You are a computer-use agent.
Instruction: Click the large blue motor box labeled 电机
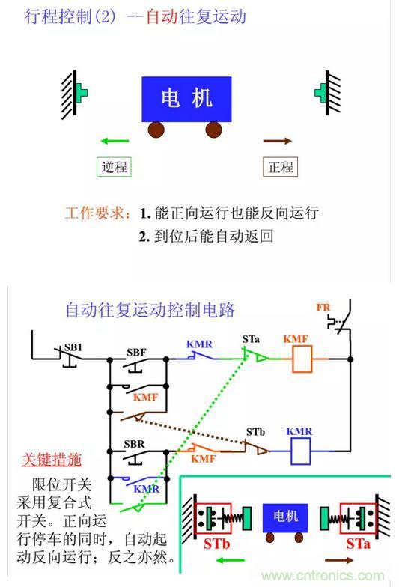click(x=186, y=99)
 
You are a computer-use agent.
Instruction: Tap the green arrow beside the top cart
click(x=115, y=141)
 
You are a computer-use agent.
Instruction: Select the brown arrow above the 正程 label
click(x=277, y=141)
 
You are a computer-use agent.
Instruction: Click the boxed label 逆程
click(x=114, y=166)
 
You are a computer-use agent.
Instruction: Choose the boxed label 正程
click(x=280, y=166)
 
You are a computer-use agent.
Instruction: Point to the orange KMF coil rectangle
click(x=302, y=359)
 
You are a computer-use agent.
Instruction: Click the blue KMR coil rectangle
click(x=301, y=451)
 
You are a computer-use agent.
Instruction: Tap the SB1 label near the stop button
click(x=73, y=347)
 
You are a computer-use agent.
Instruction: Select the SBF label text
click(x=136, y=352)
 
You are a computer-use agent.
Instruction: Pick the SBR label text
click(x=134, y=444)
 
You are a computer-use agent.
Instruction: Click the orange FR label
click(x=323, y=308)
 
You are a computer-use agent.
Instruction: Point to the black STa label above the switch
click(x=251, y=339)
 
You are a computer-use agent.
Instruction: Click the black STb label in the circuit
click(x=255, y=432)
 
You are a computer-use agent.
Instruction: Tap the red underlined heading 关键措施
click(x=52, y=460)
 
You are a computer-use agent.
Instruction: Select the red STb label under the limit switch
click(x=217, y=544)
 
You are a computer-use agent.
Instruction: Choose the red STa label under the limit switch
click(x=358, y=544)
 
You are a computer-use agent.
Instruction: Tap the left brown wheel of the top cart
click(x=156, y=130)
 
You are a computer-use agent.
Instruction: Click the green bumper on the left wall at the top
click(x=82, y=93)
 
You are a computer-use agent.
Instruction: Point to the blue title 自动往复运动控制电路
click(x=150, y=310)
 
